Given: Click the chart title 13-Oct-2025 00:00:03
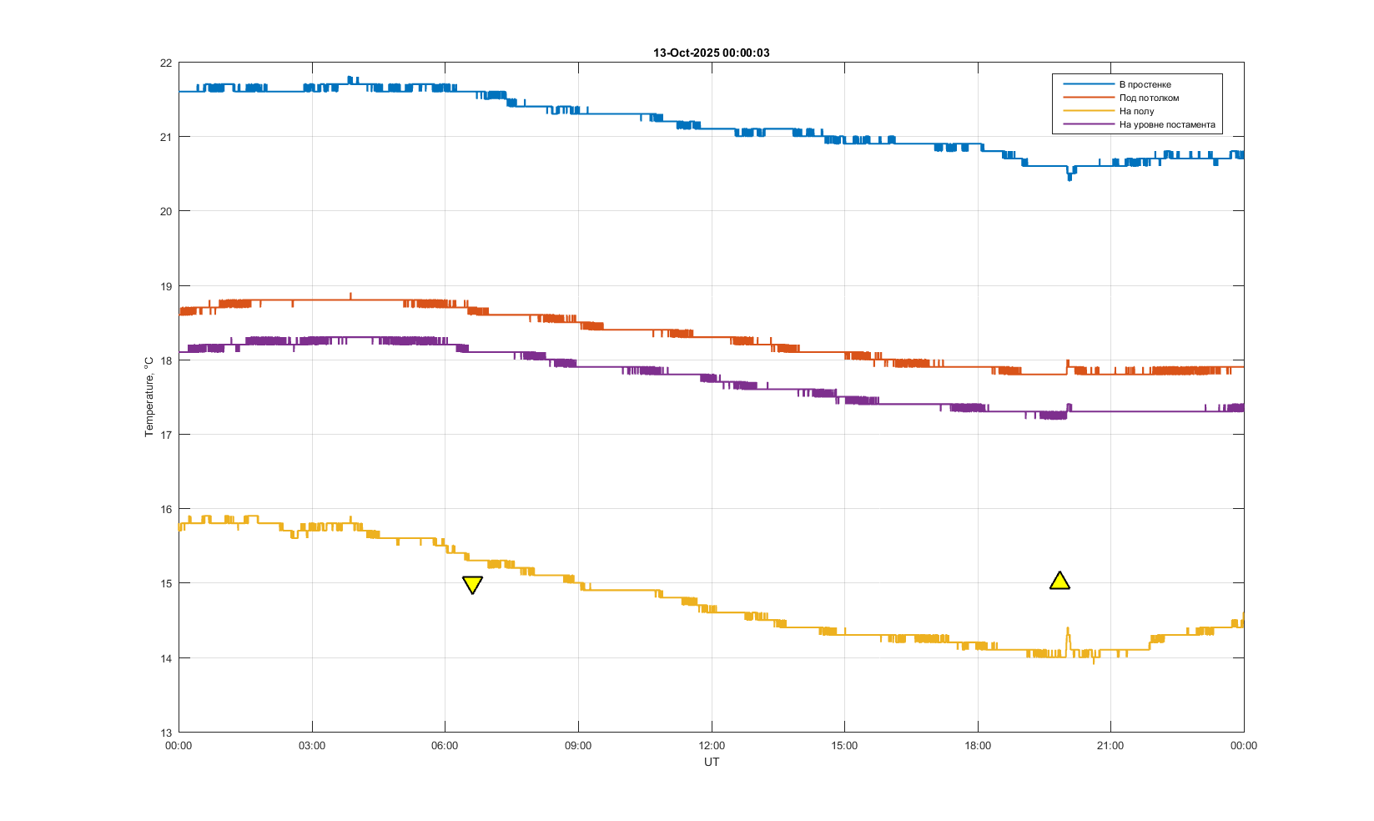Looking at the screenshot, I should (711, 53).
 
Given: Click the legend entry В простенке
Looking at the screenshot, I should (1145, 84).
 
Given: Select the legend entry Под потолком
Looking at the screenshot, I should (1149, 98).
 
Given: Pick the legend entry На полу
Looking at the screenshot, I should (1136, 111).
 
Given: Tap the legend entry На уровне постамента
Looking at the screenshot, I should (1166, 124).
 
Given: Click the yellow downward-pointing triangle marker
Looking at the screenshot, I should (472, 584).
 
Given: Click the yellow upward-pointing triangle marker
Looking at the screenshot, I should (1059, 581).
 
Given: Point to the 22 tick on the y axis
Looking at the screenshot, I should (166, 63).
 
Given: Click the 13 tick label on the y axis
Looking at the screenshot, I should (166, 733).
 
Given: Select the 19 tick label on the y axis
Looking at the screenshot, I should (166, 286).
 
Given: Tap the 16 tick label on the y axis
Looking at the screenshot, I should (166, 509).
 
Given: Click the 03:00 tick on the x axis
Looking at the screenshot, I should (312, 745).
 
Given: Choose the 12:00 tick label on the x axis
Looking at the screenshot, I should (712, 745).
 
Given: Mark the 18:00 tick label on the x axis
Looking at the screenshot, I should (978, 745).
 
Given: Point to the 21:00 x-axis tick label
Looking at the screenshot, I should (1110, 745).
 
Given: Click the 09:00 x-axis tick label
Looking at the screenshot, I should (578, 745).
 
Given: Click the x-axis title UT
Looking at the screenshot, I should (712, 762).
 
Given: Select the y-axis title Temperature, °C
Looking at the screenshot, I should (148, 397).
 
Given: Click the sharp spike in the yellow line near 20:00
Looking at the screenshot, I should (1068, 630).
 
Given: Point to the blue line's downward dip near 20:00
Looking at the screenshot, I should (1070, 177).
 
